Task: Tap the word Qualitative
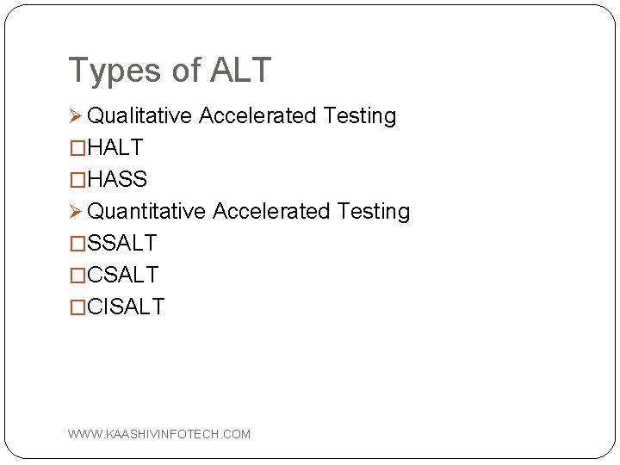(140, 116)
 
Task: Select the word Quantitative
(147, 211)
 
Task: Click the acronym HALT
(115, 148)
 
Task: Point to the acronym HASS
(117, 180)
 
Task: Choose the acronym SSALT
(122, 243)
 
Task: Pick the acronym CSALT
(123, 275)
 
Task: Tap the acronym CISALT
(126, 307)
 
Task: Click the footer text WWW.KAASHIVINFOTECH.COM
(159, 434)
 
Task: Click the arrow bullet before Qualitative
(76, 116)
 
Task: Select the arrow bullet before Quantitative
(76, 211)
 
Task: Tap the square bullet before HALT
(78, 148)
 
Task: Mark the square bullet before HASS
(78, 180)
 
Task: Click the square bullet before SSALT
(78, 243)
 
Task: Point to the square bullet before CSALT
(78, 275)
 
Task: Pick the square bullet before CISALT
(78, 307)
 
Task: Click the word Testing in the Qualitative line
(359, 116)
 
